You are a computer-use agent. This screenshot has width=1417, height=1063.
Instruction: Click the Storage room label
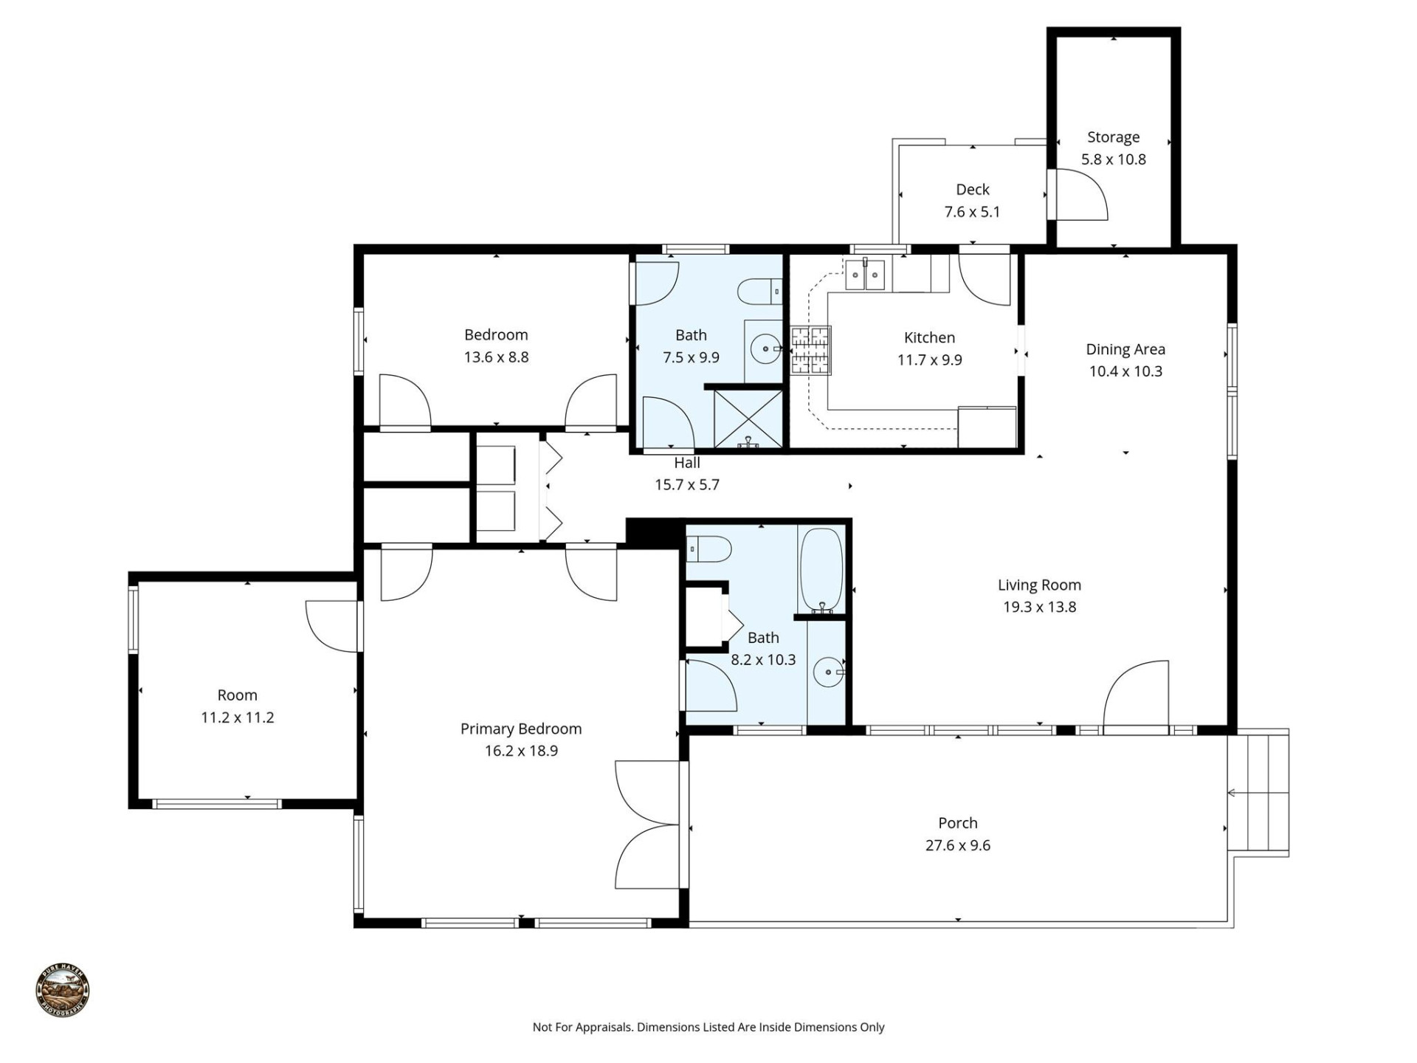(x=1113, y=137)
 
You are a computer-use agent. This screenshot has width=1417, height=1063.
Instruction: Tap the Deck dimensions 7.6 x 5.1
(x=972, y=213)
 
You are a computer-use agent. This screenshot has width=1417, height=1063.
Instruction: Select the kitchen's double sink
(x=864, y=275)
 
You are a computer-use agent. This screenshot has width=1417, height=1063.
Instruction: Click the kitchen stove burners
(x=810, y=350)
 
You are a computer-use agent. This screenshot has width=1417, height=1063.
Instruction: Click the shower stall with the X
(x=748, y=419)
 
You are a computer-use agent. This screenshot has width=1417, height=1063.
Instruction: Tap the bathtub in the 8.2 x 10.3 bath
(x=821, y=570)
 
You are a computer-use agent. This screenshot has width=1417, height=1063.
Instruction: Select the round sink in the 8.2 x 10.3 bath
(x=828, y=672)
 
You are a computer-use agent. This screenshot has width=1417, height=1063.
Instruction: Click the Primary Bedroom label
(x=521, y=729)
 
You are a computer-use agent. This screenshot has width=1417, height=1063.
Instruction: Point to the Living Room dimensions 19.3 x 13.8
(x=1039, y=608)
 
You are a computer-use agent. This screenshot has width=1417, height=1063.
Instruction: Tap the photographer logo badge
(x=63, y=991)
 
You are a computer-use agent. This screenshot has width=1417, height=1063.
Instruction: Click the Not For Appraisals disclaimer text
(x=708, y=1027)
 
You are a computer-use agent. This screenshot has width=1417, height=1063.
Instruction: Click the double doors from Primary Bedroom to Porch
(x=647, y=825)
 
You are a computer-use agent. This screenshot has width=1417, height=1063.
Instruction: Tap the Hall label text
(x=686, y=463)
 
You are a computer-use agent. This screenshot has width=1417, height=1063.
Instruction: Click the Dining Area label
(x=1125, y=349)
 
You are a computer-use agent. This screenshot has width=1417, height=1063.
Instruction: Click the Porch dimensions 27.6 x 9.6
(x=957, y=846)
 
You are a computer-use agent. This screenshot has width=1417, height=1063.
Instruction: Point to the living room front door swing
(x=1137, y=694)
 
